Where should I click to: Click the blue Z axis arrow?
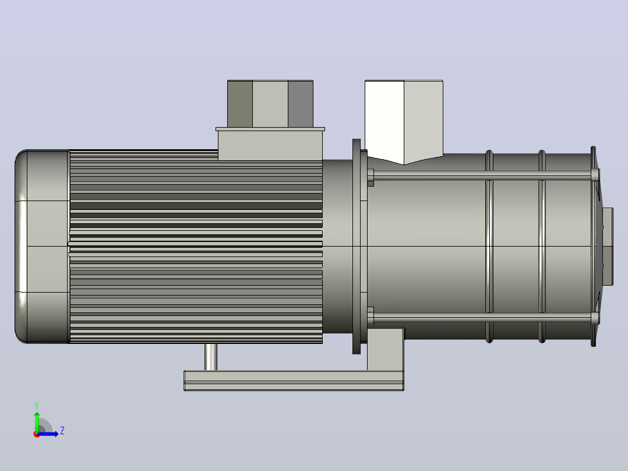(x=48, y=434)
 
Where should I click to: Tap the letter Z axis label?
(x=62, y=431)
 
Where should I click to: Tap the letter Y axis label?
(x=37, y=405)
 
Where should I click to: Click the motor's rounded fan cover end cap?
(x=42, y=246)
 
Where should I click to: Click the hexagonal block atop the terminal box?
(x=270, y=103)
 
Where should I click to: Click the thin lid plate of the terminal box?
(x=270, y=129)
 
